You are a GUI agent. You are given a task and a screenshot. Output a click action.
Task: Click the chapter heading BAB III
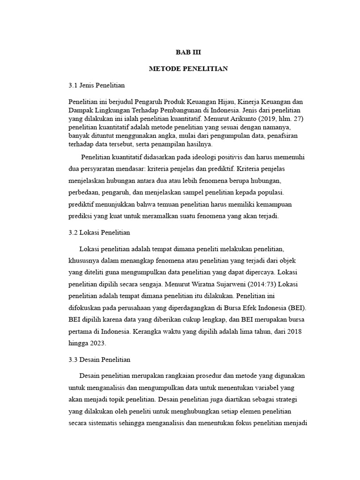(x=188, y=52)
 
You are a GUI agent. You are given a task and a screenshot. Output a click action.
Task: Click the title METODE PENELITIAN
(x=188, y=69)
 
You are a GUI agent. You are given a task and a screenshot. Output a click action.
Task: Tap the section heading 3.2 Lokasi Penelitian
(x=99, y=232)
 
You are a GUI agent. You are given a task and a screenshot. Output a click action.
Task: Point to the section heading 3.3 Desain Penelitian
(x=99, y=360)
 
